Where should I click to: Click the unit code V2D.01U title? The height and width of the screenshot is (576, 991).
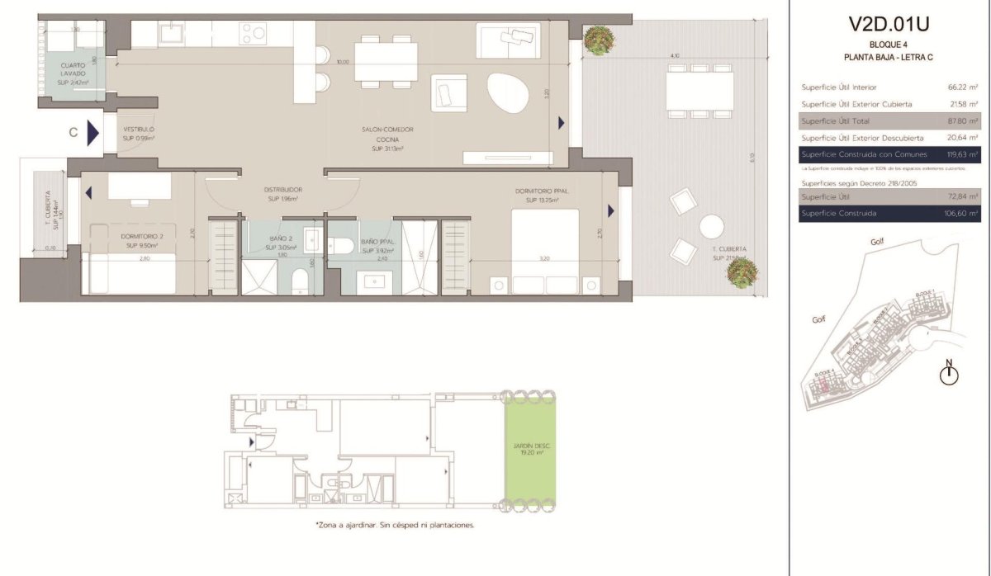click(x=889, y=23)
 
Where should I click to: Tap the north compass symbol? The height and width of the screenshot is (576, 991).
click(x=950, y=374)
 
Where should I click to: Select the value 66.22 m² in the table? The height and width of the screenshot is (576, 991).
click(x=963, y=87)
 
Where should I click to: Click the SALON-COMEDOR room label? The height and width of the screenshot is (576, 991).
click(x=387, y=130)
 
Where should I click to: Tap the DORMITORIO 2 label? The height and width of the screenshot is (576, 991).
click(x=133, y=236)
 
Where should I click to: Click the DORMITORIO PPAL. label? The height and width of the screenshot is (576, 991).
click(x=538, y=191)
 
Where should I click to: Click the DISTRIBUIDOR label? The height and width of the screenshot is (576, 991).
click(x=283, y=189)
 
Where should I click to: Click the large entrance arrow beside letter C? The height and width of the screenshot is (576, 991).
click(x=92, y=133)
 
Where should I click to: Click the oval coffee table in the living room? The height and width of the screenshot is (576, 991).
click(x=506, y=94)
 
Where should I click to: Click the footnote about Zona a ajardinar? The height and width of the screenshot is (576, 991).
click(x=395, y=525)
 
